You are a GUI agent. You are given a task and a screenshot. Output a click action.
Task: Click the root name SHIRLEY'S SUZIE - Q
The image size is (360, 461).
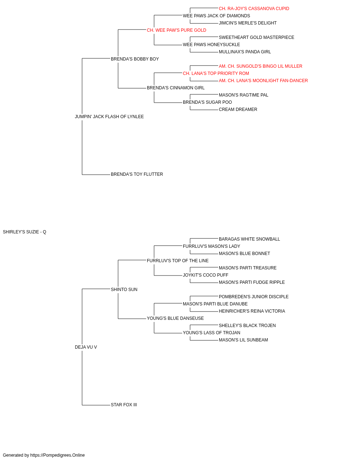[x=24, y=232]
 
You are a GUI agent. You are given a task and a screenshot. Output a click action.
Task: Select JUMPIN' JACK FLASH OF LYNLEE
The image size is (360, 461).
[x=109, y=116]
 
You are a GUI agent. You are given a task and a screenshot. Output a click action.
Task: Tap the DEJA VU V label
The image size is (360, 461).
[x=86, y=347]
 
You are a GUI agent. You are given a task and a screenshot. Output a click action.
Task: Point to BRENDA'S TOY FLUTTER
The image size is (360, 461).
[x=137, y=174]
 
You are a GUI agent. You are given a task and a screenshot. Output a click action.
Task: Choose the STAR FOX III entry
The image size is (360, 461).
[x=124, y=405]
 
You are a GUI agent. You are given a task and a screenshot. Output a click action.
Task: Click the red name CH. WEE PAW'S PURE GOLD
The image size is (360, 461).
[x=176, y=30]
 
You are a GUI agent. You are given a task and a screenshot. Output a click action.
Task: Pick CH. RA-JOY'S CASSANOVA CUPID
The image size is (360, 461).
[x=254, y=9]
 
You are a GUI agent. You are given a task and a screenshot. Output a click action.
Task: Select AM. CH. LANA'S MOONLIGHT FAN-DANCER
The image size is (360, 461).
[x=263, y=81]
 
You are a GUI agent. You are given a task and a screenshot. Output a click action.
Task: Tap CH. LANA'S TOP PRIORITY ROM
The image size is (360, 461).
[x=216, y=73]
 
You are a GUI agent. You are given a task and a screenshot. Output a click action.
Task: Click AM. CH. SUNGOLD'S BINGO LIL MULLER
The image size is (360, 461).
[x=261, y=66]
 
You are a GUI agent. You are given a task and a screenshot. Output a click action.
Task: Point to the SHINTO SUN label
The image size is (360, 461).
[x=124, y=289]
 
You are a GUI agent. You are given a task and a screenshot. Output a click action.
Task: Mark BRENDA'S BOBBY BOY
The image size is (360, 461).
[x=135, y=59]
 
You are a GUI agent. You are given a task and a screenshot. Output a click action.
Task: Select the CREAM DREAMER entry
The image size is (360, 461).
[x=238, y=109]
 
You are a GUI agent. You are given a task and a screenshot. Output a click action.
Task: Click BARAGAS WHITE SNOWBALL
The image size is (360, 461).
[x=249, y=239]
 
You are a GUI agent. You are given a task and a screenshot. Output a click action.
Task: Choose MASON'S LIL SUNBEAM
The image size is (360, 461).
[x=243, y=340]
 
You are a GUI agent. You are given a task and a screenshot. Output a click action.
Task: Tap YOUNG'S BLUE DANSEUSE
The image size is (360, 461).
[x=175, y=318]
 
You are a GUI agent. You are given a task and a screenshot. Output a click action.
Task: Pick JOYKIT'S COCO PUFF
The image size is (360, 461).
[x=206, y=275]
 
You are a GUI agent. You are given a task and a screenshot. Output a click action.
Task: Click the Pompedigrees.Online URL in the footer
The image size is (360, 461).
[x=58, y=455]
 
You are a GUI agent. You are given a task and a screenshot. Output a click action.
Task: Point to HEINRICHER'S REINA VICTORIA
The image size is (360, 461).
[x=252, y=311]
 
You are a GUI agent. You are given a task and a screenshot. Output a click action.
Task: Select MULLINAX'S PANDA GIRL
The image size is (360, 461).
[x=245, y=52]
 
